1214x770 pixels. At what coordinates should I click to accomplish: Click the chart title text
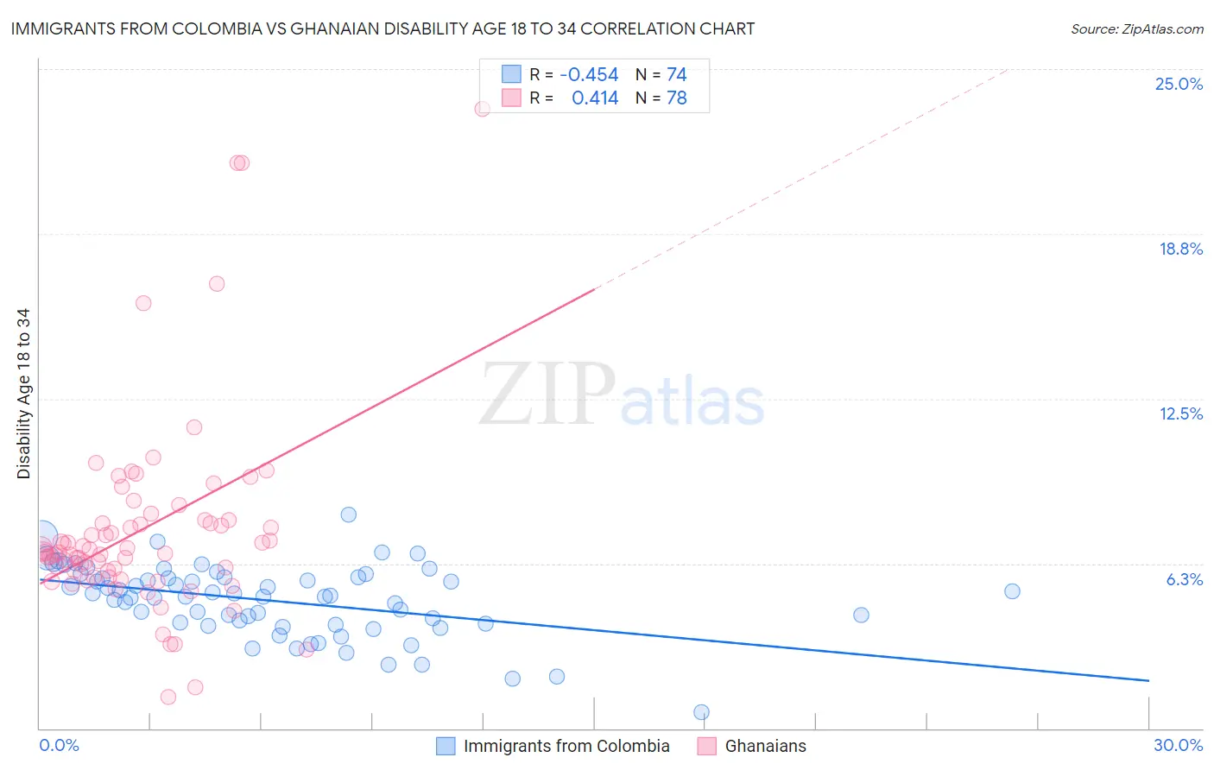pos(383,28)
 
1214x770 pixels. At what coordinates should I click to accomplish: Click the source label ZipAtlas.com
pos(1136,28)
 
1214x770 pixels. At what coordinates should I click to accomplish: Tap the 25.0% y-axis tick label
pos(1179,84)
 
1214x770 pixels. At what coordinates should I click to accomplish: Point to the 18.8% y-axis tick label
pos(1180,249)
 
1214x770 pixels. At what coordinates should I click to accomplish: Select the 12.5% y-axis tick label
pos(1180,413)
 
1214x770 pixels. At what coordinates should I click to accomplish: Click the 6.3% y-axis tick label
pos(1184,579)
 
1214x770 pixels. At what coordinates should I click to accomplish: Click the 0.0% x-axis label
pos(59,745)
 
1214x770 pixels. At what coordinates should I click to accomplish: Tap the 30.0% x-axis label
pos(1178,745)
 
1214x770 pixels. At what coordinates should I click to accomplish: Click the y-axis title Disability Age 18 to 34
pos(23,394)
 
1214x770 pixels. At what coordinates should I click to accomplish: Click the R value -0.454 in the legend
pos(589,75)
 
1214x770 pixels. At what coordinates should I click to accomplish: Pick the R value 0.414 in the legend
pos(595,98)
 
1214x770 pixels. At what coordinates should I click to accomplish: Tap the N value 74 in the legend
pos(676,75)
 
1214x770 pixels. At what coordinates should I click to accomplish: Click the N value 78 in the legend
pos(676,98)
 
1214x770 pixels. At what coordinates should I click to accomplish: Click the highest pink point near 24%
pos(483,109)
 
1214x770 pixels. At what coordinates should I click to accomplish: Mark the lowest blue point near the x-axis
pos(701,712)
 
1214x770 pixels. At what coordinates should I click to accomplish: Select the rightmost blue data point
pos(1012,591)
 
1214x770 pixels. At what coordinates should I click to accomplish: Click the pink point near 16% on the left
pos(143,303)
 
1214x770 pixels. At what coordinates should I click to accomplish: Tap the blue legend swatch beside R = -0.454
pos(511,74)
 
